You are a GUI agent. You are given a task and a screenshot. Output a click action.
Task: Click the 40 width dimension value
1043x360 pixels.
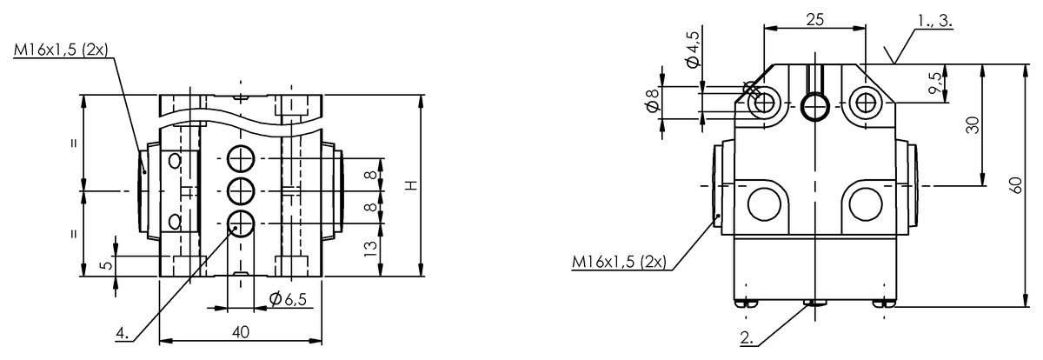click(x=241, y=332)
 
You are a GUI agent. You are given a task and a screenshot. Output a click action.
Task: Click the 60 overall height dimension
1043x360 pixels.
click(x=1016, y=185)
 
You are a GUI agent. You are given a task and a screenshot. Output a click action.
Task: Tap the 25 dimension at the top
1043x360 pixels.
click(x=815, y=19)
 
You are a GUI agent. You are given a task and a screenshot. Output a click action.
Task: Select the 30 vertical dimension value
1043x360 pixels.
click(x=973, y=125)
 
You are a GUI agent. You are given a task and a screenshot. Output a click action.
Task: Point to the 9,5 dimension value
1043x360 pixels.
click(x=936, y=83)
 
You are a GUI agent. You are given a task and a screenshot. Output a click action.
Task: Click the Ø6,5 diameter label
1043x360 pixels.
click(x=289, y=299)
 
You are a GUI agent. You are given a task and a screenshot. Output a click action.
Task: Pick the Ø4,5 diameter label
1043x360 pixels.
click(x=694, y=49)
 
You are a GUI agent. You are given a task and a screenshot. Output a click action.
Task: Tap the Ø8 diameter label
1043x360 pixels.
click(x=654, y=100)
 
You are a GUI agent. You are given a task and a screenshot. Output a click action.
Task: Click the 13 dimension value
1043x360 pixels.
click(x=369, y=250)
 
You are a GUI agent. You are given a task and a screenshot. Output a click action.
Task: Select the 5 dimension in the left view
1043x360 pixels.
click(x=107, y=265)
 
